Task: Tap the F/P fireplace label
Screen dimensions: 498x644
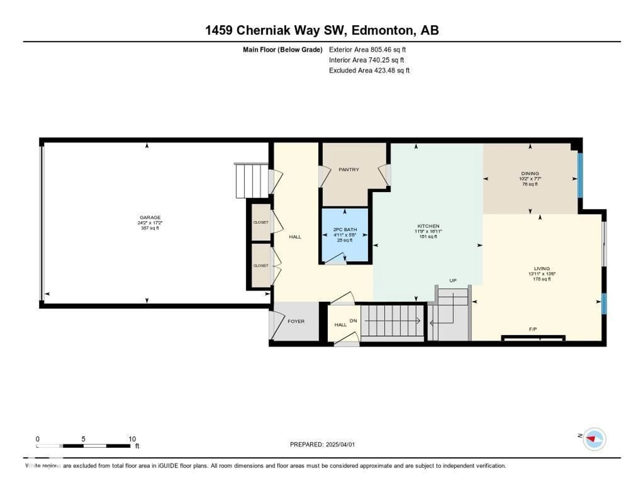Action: pos(532,329)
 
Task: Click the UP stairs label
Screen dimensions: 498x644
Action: pos(453,280)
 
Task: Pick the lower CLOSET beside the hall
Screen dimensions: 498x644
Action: pos(261,266)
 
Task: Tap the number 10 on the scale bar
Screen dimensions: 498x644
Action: pos(132,439)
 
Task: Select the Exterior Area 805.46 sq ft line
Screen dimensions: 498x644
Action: pos(367,50)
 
